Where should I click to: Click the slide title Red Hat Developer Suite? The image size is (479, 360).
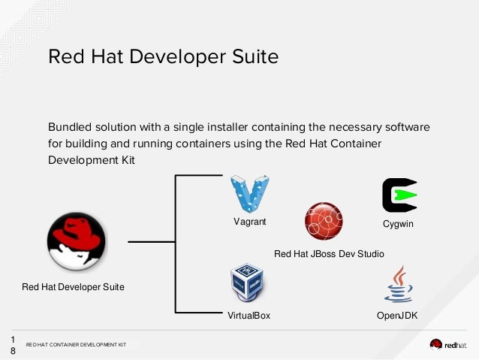tap(163, 57)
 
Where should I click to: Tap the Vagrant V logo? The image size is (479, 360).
tap(249, 195)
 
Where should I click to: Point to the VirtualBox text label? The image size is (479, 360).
tap(249, 316)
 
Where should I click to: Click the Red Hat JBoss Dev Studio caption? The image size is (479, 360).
tap(329, 255)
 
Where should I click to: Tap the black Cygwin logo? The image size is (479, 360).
tap(399, 196)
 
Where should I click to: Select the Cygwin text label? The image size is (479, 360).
tap(398, 224)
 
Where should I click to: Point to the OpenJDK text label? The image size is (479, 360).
tap(396, 316)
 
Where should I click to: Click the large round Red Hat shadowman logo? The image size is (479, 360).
tap(77, 241)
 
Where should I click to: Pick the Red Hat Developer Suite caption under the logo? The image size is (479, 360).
tap(74, 286)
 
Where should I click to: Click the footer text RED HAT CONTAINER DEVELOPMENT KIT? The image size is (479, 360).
tap(76, 345)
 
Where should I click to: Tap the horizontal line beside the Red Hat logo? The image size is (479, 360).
tap(151, 243)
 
